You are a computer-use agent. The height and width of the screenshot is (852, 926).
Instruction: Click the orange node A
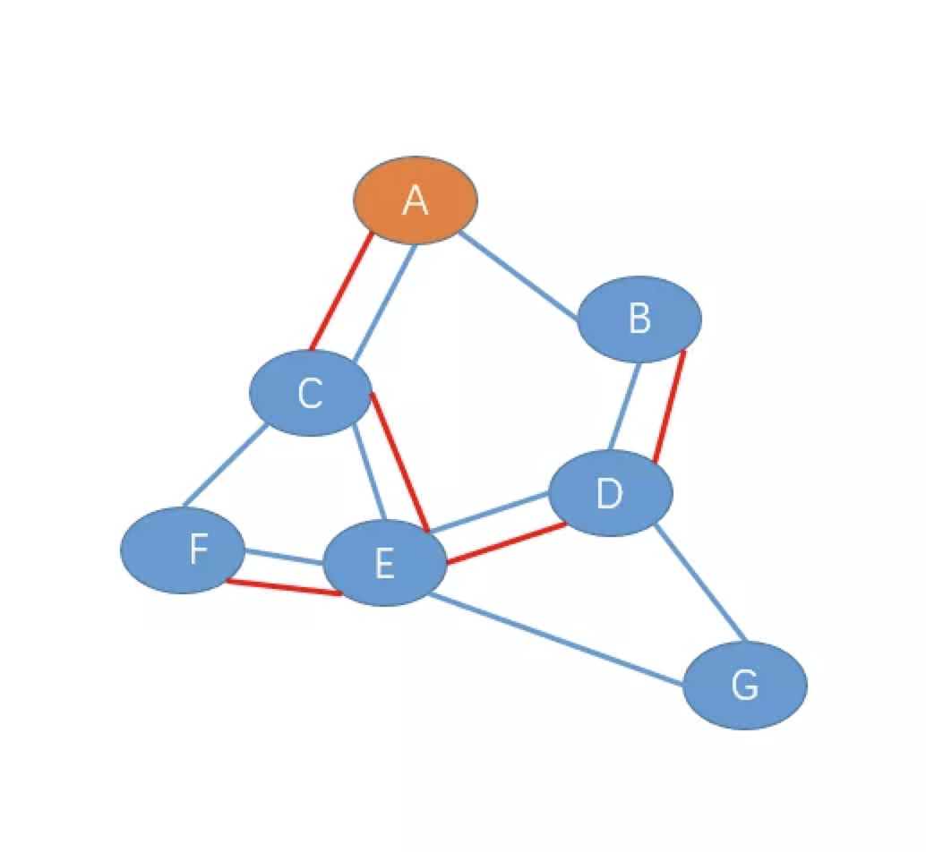coord(416,200)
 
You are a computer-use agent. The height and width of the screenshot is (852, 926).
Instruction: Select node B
coord(639,319)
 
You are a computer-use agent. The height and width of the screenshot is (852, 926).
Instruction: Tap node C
coord(310,393)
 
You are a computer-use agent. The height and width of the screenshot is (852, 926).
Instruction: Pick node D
coord(610,493)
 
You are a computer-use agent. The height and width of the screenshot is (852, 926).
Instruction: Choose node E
coord(384,563)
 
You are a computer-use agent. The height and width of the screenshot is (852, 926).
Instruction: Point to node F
coord(183,550)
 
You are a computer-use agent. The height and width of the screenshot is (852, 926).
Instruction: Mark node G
coord(745,685)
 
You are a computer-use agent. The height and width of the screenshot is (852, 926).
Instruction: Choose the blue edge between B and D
coord(625,406)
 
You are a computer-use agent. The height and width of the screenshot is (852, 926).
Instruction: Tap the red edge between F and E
coord(282,587)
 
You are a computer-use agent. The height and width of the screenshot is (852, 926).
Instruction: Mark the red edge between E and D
coord(508,543)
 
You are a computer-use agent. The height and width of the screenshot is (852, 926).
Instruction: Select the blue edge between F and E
coord(284,556)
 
